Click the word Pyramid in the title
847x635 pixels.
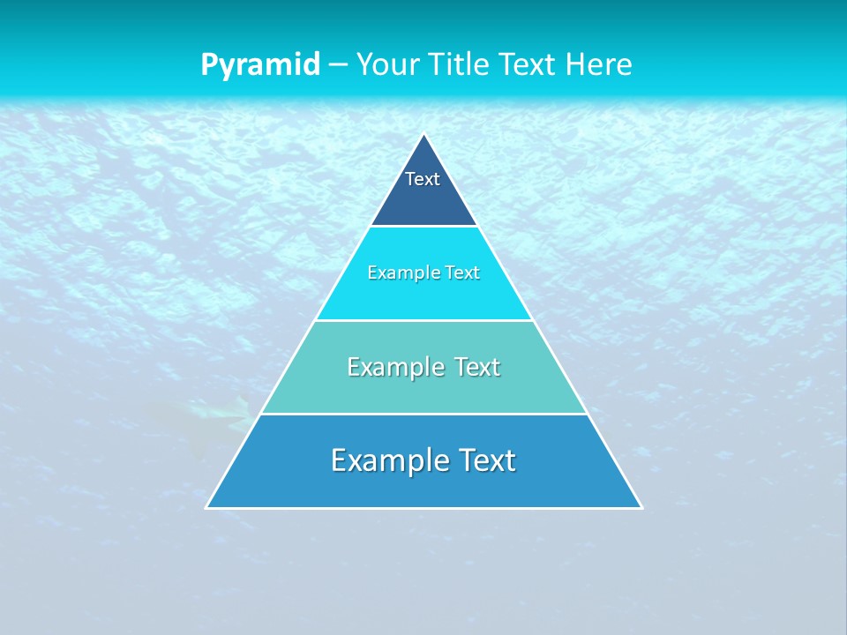tap(259, 65)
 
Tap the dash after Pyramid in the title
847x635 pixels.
tap(338, 65)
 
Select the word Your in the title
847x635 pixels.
tap(387, 65)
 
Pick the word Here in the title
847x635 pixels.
tap(599, 65)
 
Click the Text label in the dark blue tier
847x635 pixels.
tap(423, 179)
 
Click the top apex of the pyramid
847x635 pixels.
tap(424, 135)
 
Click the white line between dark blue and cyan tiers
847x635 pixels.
tap(423, 227)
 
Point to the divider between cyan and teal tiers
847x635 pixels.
tap(423, 320)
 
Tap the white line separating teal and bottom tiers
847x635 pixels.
tap(423, 414)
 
